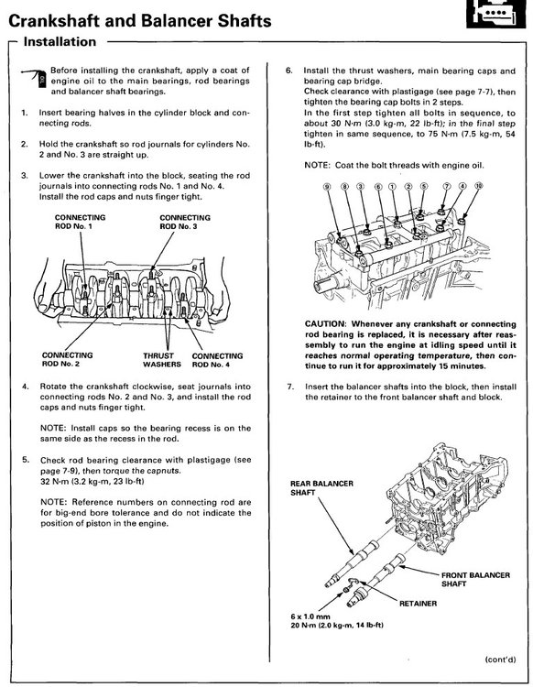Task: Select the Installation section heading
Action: pos(60,42)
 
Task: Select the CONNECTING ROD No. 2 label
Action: pos(67,357)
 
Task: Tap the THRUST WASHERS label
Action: pos(162,357)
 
